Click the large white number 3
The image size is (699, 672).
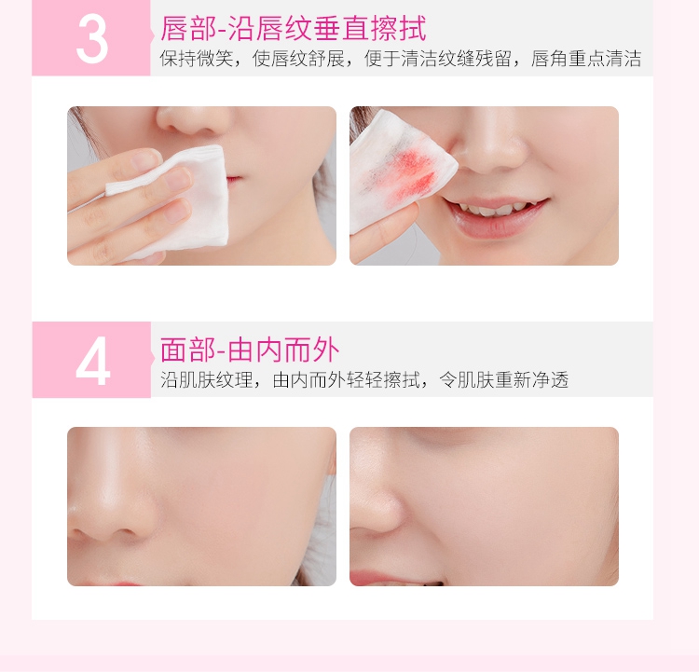[x=92, y=40]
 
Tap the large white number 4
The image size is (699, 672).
[x=92, y=362]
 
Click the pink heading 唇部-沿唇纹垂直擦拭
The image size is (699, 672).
[x=294, y=28]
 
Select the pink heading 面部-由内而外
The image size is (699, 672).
[x=250, y=350]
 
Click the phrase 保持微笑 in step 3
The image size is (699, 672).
[x=197, y=59]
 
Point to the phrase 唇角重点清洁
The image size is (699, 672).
[x=586, y=59]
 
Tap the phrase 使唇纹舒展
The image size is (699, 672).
[x=298, y=59]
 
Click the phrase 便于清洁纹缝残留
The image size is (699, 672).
[x=438, y=59]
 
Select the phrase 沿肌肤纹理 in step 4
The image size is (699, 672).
[x=206, y=380]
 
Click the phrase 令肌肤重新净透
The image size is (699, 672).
[x=503, y=380]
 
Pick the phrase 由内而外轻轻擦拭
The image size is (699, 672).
[x=347, y=380]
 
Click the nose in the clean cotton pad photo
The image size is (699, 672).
[x=192, y=121]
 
